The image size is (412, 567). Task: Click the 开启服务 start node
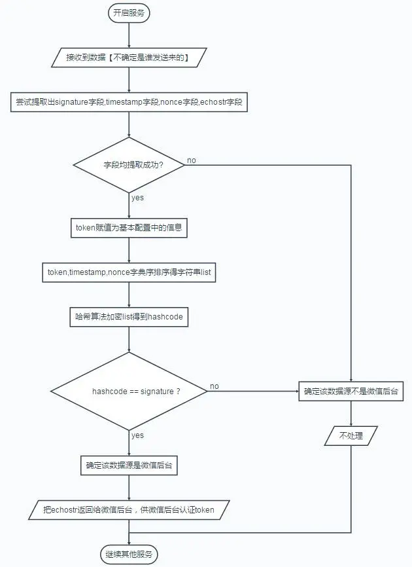coord(129,13)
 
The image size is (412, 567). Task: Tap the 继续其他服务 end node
coord(129,555)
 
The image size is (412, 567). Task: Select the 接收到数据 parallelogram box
coord(129,57)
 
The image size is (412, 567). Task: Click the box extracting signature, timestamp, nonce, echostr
coord(129,102)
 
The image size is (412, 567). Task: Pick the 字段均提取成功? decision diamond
coord(129,165)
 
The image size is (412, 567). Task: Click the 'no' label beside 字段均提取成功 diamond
coord(192,160)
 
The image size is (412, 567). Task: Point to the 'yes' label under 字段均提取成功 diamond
coord(137,198)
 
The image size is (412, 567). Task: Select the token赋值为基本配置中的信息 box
coord(129,227)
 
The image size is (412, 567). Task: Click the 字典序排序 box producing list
coord(129,272)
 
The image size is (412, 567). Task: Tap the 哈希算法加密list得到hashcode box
coord(129,317)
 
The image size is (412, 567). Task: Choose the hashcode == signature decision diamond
coord(129,392)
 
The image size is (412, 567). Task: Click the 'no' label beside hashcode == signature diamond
coord(215,386)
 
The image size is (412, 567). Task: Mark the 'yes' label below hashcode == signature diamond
coord(137,435)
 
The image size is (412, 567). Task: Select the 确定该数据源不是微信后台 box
coord(351,392)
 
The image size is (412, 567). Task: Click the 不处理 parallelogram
coord(351,436)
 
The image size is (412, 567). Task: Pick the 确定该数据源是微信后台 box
coord(129,466)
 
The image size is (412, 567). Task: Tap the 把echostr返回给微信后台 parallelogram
coord(129,510)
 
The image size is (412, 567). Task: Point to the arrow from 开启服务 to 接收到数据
coord(129,35)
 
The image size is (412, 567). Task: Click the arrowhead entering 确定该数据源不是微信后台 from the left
coord(296,392)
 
